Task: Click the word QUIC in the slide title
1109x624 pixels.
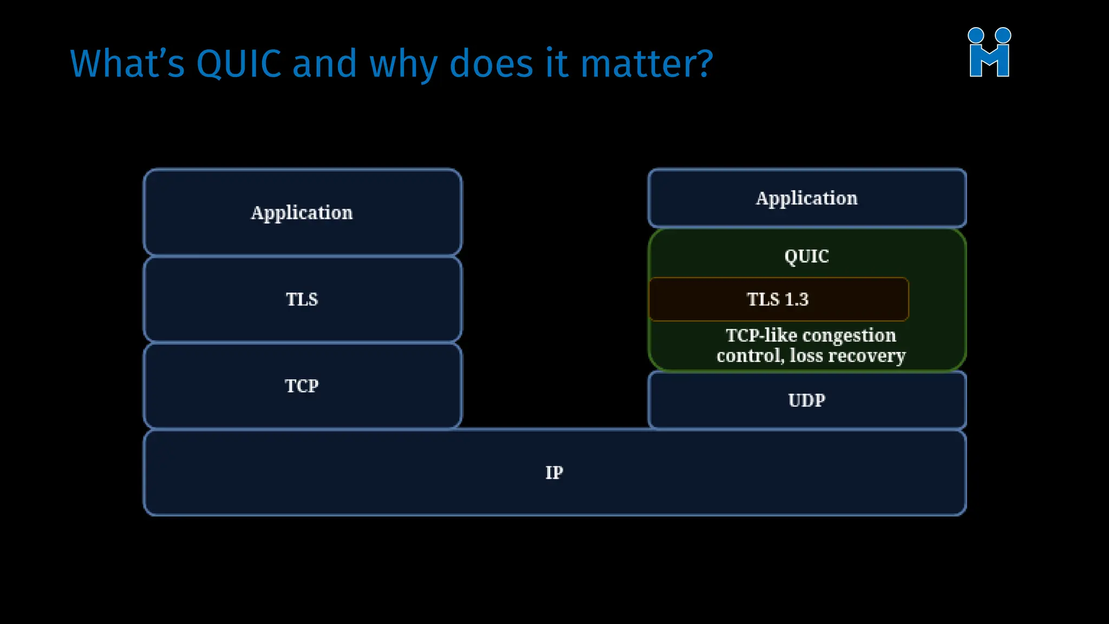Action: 238,64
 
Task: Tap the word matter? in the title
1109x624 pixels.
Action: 647,64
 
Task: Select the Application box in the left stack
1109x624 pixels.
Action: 302,212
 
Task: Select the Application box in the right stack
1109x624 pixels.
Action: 807,198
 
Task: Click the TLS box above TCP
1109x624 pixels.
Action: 302,299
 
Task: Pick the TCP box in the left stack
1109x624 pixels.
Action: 302,386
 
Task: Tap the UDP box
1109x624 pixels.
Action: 807,400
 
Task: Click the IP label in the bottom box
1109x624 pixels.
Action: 554,472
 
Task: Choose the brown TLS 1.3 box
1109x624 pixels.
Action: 778,299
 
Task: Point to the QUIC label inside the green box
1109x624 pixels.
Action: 807,256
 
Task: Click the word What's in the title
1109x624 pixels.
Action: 127,64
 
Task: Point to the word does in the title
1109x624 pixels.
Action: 492,64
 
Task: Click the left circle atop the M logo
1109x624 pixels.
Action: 976,35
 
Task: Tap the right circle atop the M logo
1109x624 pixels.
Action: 1003,35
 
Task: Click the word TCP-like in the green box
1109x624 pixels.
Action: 761,336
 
